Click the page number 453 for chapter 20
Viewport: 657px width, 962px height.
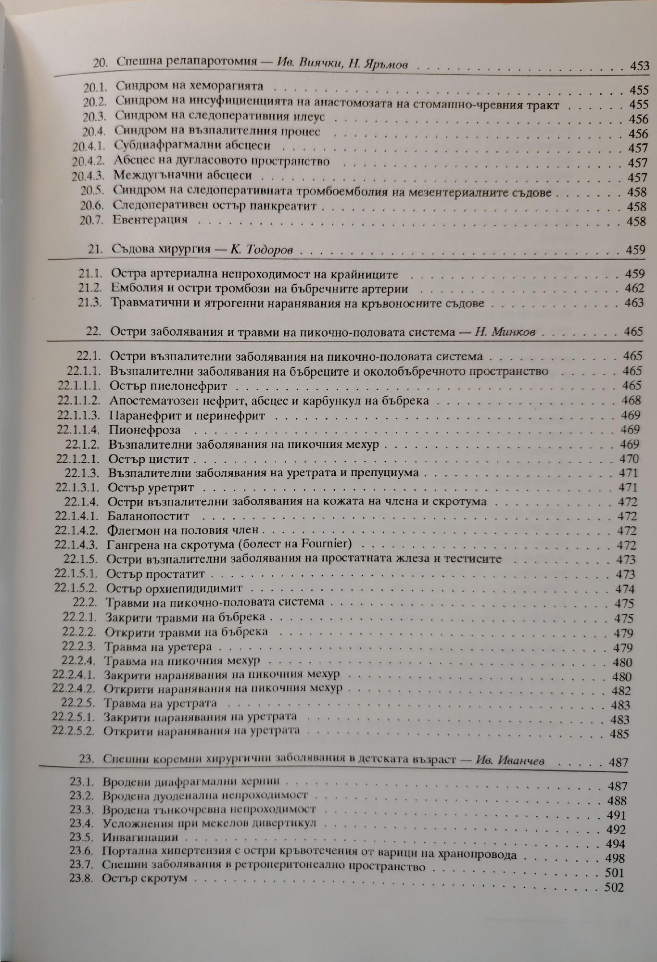639,66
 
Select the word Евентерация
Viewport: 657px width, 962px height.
150,220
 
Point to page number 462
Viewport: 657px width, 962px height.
634,289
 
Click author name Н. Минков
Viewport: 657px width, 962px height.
505,332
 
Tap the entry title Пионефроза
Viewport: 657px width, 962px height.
144,430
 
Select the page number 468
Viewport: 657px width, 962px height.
631,400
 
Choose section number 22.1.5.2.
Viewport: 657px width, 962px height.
76,588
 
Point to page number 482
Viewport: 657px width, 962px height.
621,691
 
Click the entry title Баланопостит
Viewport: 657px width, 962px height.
149,516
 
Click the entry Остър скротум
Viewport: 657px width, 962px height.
144,878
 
